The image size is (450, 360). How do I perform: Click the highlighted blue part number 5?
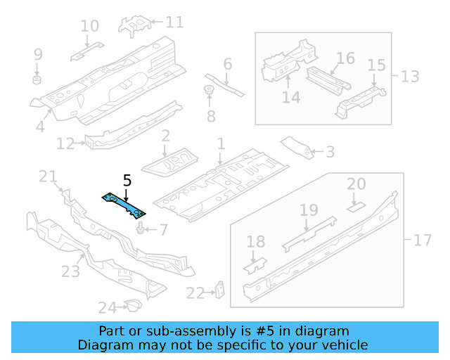point(124,205)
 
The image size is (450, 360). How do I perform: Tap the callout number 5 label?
point(127,181)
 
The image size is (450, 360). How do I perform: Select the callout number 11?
point(174,22)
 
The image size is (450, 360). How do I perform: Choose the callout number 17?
point(422,240)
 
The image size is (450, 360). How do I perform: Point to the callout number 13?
point(409,75)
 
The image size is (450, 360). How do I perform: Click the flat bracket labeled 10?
point(86,50)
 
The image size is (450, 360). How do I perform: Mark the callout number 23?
point(71,271)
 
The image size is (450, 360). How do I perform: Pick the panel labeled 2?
point(169,161)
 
